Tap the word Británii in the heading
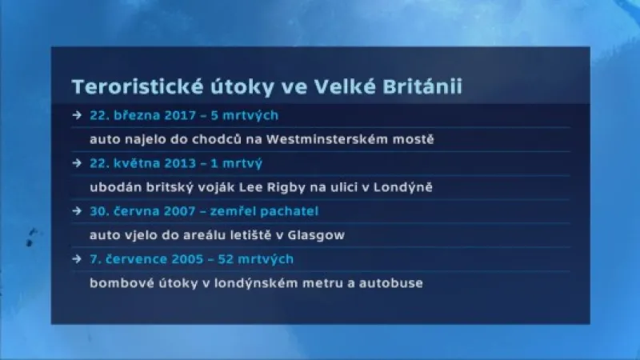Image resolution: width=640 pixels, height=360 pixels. pos(424,86)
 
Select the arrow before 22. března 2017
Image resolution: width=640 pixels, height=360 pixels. pos(76,115)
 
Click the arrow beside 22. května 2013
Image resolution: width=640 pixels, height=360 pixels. pos(76,163)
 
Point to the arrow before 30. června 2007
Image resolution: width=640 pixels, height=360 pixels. pos(76,211)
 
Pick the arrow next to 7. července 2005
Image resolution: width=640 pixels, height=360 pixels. pos(76,259)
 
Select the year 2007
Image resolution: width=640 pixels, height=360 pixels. pos(189,211)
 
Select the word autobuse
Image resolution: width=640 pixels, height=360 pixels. pos(394,283)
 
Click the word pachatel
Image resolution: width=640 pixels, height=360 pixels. pos(291,211)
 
